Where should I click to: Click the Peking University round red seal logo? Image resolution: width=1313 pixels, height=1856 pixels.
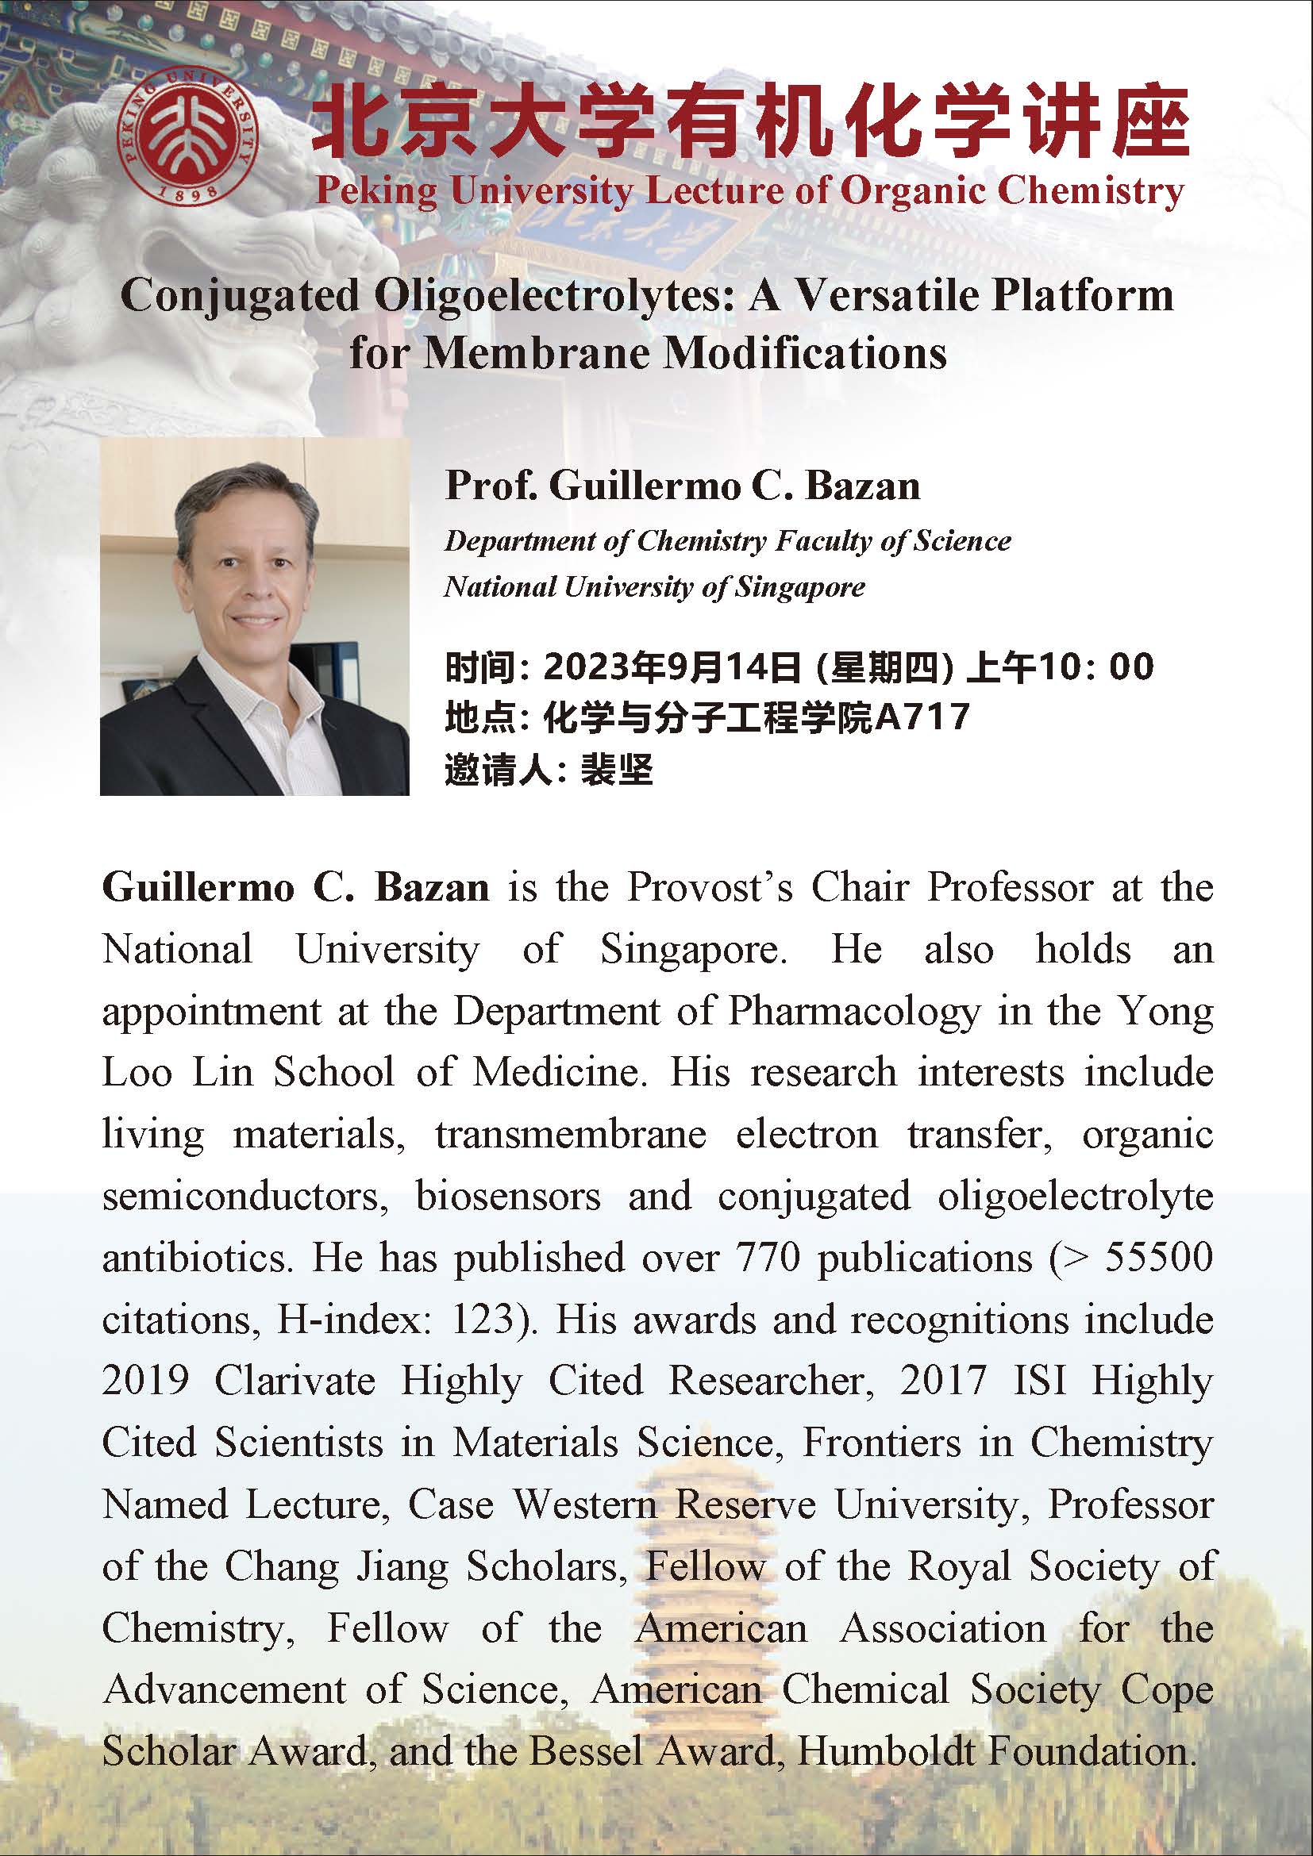(187, 137)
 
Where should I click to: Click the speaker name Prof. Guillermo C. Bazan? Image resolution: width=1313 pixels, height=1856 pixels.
(683, 486)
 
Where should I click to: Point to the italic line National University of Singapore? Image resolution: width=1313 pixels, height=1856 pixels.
(654, 586)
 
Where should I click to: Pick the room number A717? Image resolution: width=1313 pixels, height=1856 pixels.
(922, 717)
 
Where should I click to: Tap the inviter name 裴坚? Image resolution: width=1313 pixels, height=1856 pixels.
(617, 769)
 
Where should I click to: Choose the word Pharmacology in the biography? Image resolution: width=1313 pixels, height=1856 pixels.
(854, 1011)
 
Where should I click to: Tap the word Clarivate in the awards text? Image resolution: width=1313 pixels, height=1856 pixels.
(295, 1381)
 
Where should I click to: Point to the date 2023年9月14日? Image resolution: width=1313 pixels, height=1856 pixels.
(671, 667)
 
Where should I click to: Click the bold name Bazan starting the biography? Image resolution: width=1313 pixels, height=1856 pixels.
(432, 888)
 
